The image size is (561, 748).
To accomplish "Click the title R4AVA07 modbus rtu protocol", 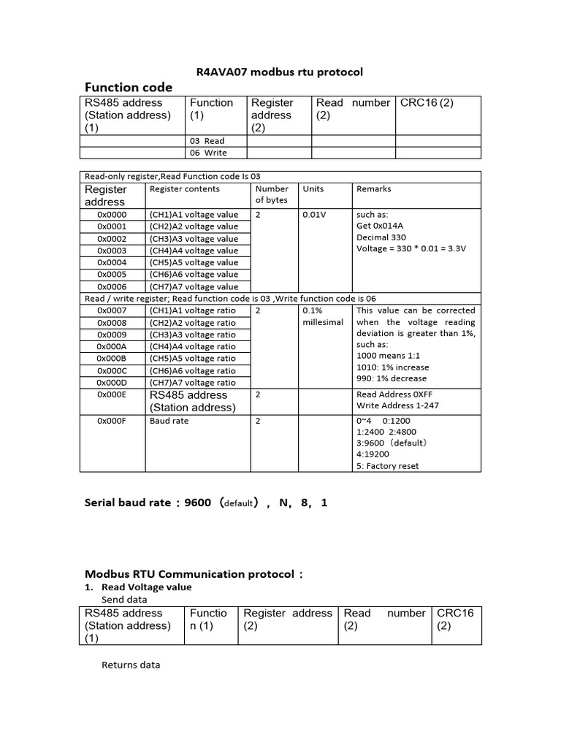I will click(x=280, y=72).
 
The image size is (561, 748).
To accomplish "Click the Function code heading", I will click(x=129, y=88).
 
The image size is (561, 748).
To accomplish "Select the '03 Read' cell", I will click(x=207, y=140).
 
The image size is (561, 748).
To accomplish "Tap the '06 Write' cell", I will click(x=208, y=153).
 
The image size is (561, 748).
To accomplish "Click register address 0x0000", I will click(x=112, y=215).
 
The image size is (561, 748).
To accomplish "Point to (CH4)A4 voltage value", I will click(x=194, y=251).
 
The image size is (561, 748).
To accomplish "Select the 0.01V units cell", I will click(x=314, y=215).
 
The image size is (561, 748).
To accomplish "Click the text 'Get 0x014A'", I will click(x=379, y=226).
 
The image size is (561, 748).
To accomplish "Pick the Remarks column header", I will click(x=373, y=188).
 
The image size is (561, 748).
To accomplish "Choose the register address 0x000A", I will click(x=112, y=346).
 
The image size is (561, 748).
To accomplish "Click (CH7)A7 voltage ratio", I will click(x=193, y=382).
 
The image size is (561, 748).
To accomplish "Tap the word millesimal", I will click(x=322, y=322).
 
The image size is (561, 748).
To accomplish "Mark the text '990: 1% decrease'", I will click(x=392, y=378).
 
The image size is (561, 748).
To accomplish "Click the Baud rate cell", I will click(x=169, y=421).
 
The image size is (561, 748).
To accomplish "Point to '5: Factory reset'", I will click(x=388, y=466).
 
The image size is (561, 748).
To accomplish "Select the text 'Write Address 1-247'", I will click(x=397, y=405).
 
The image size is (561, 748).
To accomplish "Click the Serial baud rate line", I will click(x=206, y=503).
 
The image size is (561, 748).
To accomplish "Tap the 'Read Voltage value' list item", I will click(x=146, y=587).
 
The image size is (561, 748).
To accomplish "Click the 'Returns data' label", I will click(x=130, y=665).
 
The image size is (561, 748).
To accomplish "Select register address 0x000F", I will click(x=112, y=421).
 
